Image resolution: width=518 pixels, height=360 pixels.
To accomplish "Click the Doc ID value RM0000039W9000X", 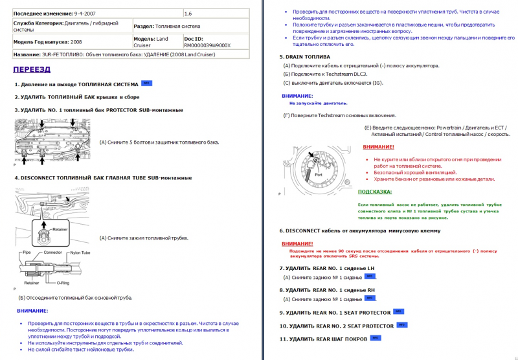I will [207, 45].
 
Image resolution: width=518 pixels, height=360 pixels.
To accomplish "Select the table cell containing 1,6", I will [188, 13].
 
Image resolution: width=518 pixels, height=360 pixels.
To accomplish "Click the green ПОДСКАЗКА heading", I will [374, 192].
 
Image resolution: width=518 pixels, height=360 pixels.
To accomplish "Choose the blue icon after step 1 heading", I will [146, 84].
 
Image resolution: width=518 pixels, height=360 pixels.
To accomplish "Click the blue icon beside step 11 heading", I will [376, 337].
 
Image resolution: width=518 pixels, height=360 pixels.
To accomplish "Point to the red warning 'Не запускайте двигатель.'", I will [318, 103].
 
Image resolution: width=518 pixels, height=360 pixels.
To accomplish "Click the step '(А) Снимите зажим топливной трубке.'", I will [144, 238].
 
